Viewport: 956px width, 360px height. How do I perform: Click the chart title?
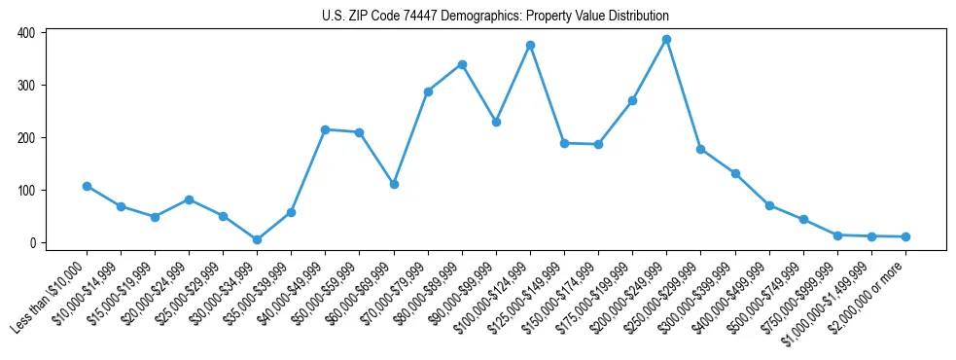(x=495, y=17)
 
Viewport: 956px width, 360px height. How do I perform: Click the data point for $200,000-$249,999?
(x=667, y=40)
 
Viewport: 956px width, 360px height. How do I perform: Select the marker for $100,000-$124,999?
(x=530, y=45)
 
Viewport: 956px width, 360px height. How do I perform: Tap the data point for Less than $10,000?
(x=87, y=186)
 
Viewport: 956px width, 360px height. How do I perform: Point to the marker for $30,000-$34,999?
(x=257, y=239)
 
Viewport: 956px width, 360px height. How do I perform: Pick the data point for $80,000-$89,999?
(x=462, y=64)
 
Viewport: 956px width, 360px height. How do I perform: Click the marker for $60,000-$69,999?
(x=394, y=184)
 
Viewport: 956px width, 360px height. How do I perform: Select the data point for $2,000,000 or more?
(x=905, y=236)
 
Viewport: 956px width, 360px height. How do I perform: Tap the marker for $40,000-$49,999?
(x=326, y=129)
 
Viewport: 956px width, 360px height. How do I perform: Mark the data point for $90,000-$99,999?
(x=496, y=123)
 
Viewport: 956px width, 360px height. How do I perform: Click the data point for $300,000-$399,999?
(x=735, y=173)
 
